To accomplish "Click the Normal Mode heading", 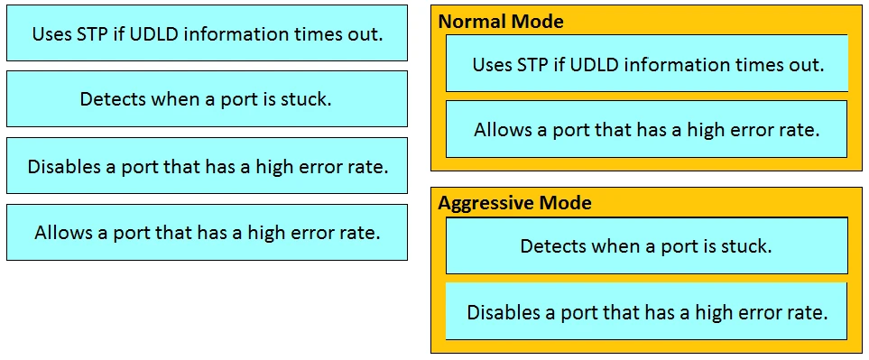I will (501, 22).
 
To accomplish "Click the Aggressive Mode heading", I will (514, 203).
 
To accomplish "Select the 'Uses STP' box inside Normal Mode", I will (647, 64).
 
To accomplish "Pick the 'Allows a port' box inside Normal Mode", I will (647, 129).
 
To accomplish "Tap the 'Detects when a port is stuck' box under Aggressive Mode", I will (647, 245).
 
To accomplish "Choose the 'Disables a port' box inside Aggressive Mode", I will (647, 312).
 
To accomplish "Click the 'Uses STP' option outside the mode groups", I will (207, 34).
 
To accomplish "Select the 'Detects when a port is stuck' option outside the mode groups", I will (207, 98).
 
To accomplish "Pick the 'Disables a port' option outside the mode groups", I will (207, 166).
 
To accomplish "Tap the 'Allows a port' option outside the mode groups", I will (207, 232).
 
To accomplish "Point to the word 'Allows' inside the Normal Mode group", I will (503, 129).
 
